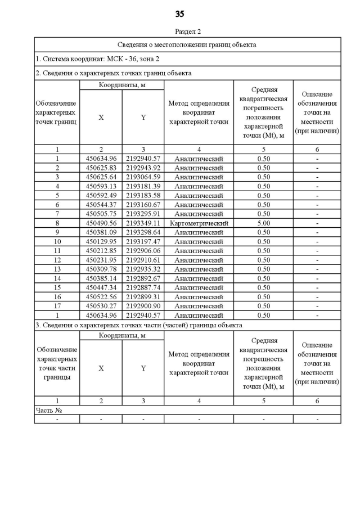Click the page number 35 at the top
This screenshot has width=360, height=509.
pyautogui.click(x=180, y=13)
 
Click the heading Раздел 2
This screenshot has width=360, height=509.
pyautogui.click(x=188, y=32)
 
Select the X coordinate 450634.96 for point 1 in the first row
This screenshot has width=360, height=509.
pyautogui.click(x=101, y=159)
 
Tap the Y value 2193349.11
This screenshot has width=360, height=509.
pyautogui.click(x=143, y=223)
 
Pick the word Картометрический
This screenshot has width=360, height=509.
pyautogui.click(x=199, y=223)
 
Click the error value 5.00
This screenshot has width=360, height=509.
pyautogui.click(x=263, y=223)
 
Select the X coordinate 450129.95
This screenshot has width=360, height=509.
pyautogui.click(x=101, y=242)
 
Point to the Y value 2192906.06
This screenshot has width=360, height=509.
pyautogui.click(x=143, y=251)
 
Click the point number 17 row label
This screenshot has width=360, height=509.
pyautogui.click(x=57, y=306)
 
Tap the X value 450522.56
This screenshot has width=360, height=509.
pyautogui.click(x=101, y=297)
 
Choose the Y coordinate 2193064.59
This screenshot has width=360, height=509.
pyautogui.click(x=143, y=177)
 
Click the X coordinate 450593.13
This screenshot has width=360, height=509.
pyautogui.click(x=101, y=186)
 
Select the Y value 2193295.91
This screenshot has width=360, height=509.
pyautogui.click(x=143, y=214)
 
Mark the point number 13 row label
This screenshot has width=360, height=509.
pyautogui.click(x=57, y=269)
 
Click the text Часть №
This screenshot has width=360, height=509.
pyautogui.click(x=48, y=410)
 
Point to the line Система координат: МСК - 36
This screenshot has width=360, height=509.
pyautogui.click(x=89, y=59)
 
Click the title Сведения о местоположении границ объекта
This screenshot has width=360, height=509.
pyautogui.click(x=188, y=45)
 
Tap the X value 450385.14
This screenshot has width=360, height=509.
pyautogui.click(x=101, y=278)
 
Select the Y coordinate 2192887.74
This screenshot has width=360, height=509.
pyautogui.click(x=143, y=287)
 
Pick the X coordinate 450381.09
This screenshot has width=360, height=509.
pyautogui.click(x=101, y=232)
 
